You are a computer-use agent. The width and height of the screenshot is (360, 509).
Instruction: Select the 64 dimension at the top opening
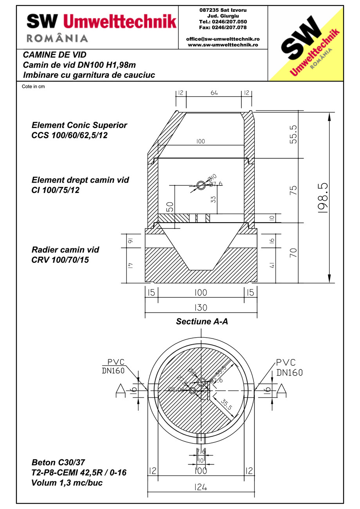coord(214,93)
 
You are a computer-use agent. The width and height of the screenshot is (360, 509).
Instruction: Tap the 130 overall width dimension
coord(201,308)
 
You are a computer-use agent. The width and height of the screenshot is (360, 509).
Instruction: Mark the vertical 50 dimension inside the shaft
coord(169,207)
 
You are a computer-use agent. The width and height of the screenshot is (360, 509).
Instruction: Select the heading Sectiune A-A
coord(202,322)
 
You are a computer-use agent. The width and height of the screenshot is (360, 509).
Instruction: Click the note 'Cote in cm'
coord(33,86)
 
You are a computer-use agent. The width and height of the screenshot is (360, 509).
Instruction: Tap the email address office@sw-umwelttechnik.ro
coord(223,39)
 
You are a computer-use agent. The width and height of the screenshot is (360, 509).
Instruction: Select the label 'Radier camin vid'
coord(65,250)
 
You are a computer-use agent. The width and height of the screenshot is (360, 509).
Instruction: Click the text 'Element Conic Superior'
coord(79,125)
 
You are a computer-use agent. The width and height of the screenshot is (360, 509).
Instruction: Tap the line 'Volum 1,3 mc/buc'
coord(67,482)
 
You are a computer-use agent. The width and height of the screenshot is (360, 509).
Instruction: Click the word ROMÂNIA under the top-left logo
coord(57,38)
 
